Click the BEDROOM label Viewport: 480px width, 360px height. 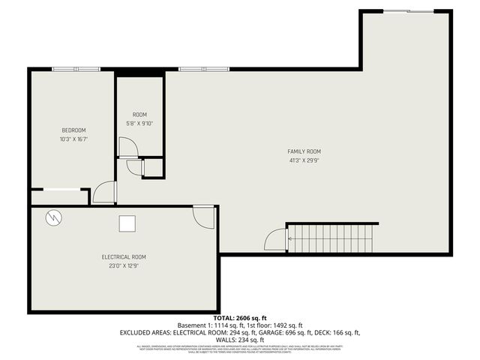click(73, 130)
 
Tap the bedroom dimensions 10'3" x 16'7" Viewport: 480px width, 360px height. click(73, 139)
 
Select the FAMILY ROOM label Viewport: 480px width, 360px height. click(304, 151)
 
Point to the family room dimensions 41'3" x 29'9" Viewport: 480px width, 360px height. click(304, 160)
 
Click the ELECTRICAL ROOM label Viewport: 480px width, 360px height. click(124, 256)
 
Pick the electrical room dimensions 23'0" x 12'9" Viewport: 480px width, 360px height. click(124, 265)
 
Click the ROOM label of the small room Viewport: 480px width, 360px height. click(139, 115)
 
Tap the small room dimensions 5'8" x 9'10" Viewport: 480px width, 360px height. click(139, 124)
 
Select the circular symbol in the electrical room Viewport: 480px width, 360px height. click(54, 218)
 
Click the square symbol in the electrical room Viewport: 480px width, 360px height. click(127, 223)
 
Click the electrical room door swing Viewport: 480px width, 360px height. click(202, 215)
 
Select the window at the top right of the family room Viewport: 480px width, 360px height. click(408, 11)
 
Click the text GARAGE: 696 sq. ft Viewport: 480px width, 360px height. click(277, 332)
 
